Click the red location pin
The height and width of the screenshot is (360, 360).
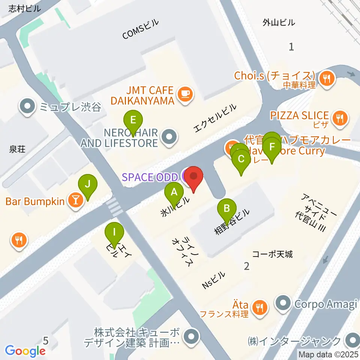pyautogui.click(x=193, y=178)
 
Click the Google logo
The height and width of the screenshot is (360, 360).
pyautogui.click(x=25, y=351)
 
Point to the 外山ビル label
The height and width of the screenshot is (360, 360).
pyautogui.click(x=279, y=23)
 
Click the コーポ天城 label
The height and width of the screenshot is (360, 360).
pyautogui.click(x=272, y=254)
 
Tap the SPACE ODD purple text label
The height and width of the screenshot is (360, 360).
pyautogui.click(x=150, y=177)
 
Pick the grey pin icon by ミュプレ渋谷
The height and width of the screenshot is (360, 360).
pyautogui.click(x=27, y=108)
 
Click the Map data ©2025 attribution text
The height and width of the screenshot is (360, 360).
pyautogui.click(x=328, y=354)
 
